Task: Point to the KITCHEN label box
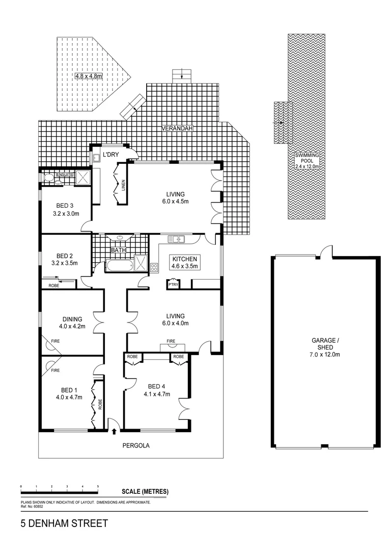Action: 184,262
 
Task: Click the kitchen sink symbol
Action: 176,239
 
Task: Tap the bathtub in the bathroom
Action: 119,265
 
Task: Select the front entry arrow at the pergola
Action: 114,431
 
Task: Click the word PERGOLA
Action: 136,445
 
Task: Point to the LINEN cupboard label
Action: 124,186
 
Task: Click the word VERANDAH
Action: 178,129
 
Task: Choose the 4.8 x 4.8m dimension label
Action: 89,76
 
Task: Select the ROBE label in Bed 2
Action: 53,285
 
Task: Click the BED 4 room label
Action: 157,390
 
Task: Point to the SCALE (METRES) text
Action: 145,492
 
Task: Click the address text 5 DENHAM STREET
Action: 64,523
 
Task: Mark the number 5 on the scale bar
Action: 98,487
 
